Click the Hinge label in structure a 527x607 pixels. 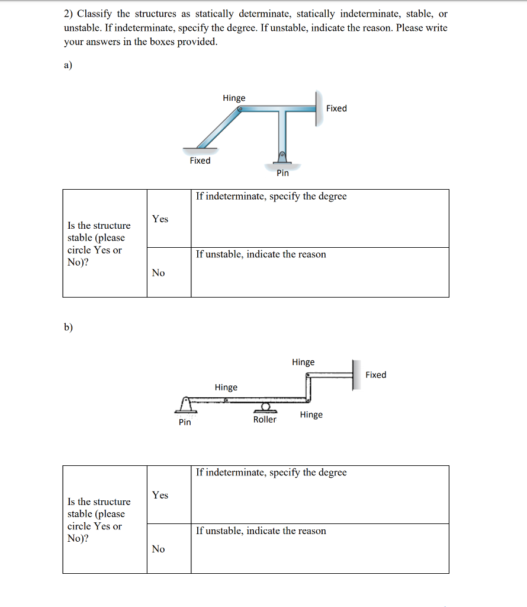click(x=234, y=98)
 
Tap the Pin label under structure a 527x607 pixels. click(x=282, y=173)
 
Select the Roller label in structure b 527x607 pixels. click(x=265, y=420)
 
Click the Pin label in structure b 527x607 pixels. click(x=185, y=422)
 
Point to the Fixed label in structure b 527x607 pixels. click(x=375, y=375)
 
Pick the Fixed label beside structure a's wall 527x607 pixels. click(x=336, y=108)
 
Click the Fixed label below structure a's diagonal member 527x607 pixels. click(x=200, y=161)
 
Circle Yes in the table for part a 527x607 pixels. click(x=160, y=219)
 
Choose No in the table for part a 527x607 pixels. click(x=158, y=273)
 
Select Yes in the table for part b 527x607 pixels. click(x=160, y=495)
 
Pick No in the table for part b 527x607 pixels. click(x=158, y=549)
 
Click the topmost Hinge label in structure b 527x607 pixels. click(x=303, y=362)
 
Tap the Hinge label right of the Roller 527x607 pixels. click(x=311, y=415)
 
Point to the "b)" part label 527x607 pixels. click(x=69, y=327)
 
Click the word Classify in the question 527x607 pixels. click(x=96, y=14)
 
